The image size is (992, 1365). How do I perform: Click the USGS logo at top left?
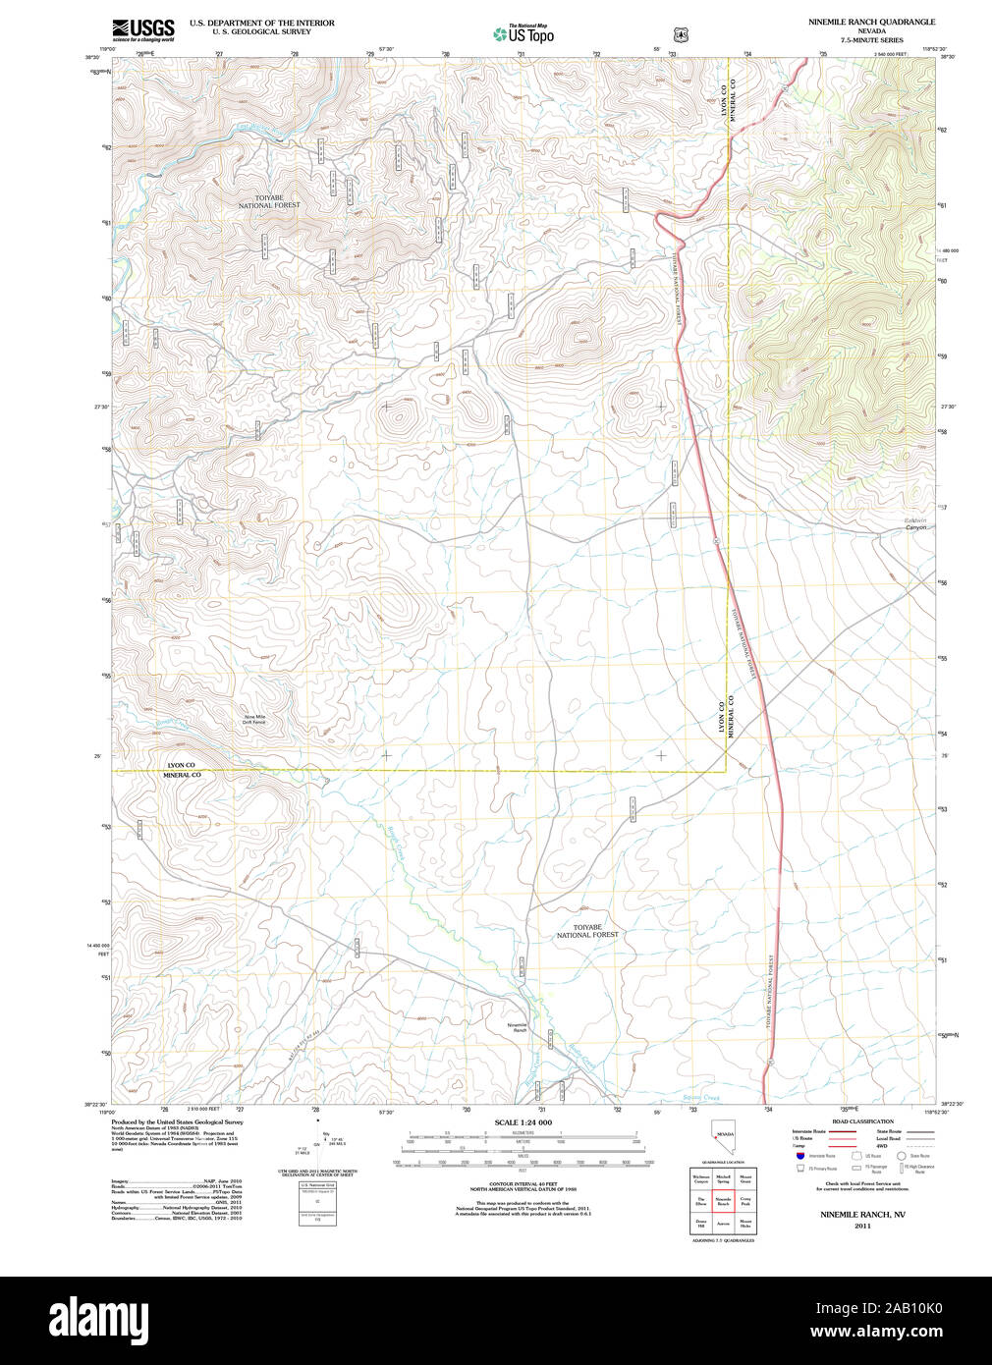pos(143,28)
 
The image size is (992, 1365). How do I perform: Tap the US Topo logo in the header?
pos(524,34)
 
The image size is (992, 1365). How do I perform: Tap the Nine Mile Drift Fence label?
pos(254,720)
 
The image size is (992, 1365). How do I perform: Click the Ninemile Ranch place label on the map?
pos(518,1027)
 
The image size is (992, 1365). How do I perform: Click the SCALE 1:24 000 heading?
pos(523,1122)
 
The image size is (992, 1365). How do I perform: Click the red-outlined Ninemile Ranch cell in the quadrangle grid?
pos(723,1201)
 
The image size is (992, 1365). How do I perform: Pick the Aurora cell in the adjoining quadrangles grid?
pos(723,1225)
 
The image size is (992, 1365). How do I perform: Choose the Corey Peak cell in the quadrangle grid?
pos(745,1201)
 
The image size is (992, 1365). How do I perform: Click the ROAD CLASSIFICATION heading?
pos(862,1121)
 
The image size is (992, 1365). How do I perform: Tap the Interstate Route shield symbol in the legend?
pos(800,1156)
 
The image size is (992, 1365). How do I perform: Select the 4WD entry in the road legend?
pos(883,1146)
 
